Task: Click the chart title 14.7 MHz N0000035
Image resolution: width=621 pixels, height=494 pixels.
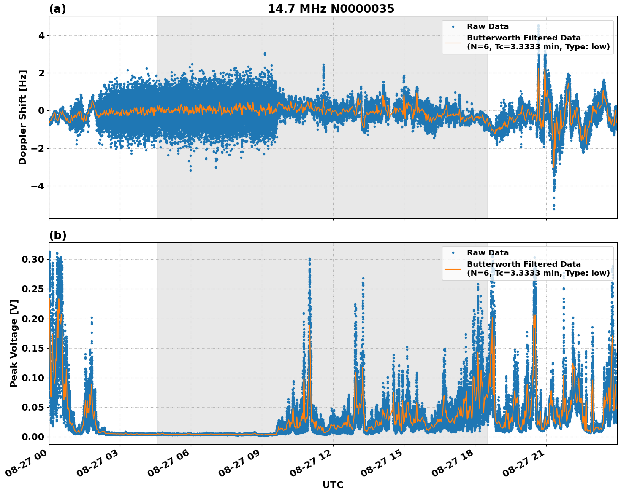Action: pyautogui.click(x=331, y=9)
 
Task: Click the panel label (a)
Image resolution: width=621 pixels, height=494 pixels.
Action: pyautogui.click(x=57, y=9)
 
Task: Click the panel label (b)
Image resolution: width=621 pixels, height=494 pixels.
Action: pyautogui.click(x=57, y=235)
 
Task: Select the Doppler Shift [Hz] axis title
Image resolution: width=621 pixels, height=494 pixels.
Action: pyautogui.click(x=23, y=117)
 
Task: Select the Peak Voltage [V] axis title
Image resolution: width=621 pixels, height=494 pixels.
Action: pyautogui.click(x=14, y=343)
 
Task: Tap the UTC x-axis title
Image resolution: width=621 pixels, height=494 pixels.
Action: pyautogui.click(x=333, y=485)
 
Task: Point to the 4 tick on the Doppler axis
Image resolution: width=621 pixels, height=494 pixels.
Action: pyautogui.click(x=41, y=35)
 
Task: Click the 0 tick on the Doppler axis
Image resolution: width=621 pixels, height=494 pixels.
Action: pyautogui.click(x=41, y=110)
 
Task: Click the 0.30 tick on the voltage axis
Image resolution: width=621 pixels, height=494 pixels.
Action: pyautogui.click(x=33, y=259)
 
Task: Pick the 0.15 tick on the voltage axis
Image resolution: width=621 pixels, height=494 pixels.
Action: pyautogui.click(x=33, y=348)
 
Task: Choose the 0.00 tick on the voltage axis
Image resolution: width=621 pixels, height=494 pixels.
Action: pyautogui.click(x=33, y=437)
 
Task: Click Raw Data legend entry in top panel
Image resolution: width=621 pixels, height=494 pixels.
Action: pyautogui.click(x=488, y=27)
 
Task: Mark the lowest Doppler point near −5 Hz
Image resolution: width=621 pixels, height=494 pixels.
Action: pyautogui.click(x=554, y=209)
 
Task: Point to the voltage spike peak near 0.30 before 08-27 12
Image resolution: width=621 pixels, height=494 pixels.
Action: pyautogui.click(x=309, y=259)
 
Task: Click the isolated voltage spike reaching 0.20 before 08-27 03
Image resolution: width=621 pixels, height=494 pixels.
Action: pyautogui.click(x=92, y=318)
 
